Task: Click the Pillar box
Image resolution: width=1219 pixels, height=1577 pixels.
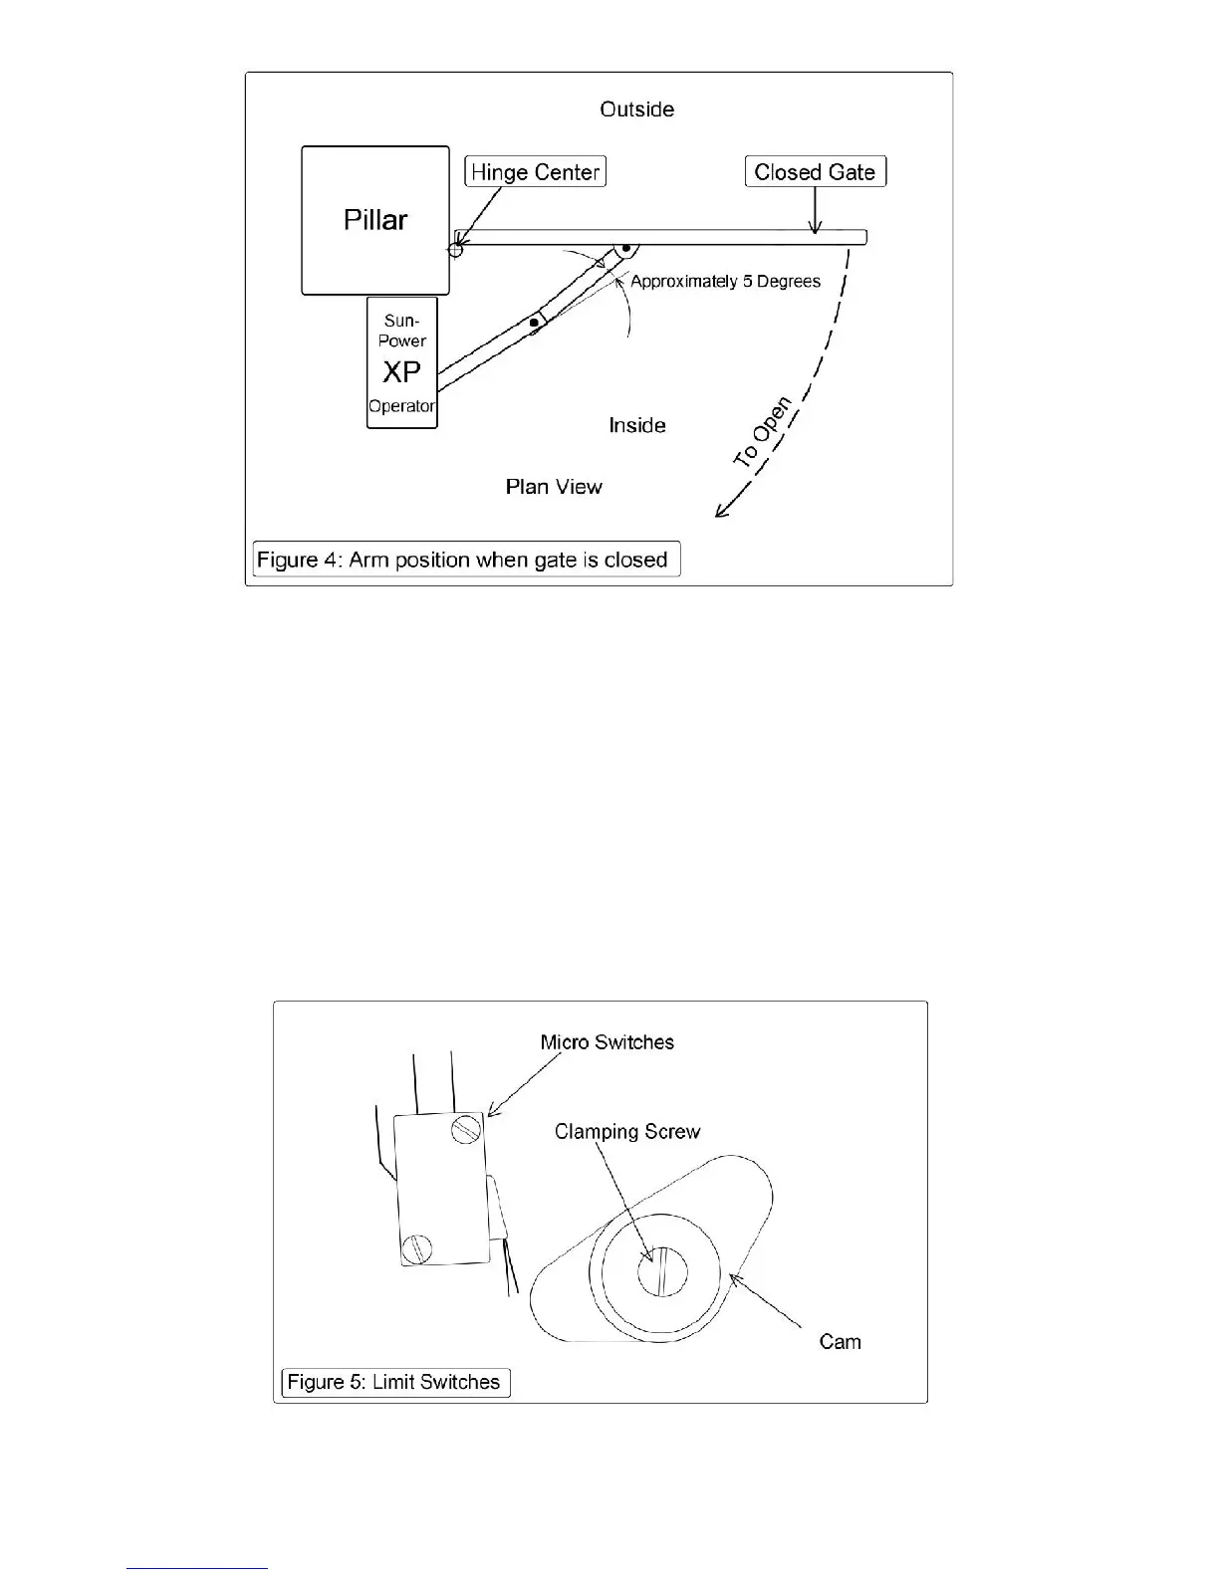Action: click(x=375, y=220)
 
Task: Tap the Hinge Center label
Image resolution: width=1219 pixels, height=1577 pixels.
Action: click(x=535, y=172)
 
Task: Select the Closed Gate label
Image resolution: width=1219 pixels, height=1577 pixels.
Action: click(x=815, y=172)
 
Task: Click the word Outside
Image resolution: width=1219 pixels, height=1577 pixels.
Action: click(x=636, y=110)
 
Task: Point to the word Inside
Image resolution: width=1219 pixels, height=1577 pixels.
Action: click(x=637, y=426)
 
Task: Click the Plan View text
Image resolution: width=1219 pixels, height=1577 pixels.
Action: click(x=554, y=487)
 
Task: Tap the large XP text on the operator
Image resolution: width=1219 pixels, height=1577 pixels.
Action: click(x=401, y=372)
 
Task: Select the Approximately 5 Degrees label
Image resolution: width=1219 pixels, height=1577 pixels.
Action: click(x=725, y=282)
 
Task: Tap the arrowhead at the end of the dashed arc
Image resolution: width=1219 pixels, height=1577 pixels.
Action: click(x=721, y=512)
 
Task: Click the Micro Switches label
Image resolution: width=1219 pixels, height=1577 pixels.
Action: click(x=607, y=1042)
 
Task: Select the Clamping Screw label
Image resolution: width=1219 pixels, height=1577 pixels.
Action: click(x=627, y=1132)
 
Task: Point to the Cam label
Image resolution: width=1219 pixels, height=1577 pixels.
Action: click(x=840, y=1342)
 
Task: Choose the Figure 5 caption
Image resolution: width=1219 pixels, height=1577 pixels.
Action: click(x=394, y=1383)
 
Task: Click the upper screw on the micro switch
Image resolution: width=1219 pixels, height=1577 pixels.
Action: click(x=466, y=1129)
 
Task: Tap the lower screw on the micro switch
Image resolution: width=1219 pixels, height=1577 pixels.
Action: click(x=416, y=1246)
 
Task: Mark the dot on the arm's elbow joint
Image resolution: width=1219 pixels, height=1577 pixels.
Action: click(x=534, y=322)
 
